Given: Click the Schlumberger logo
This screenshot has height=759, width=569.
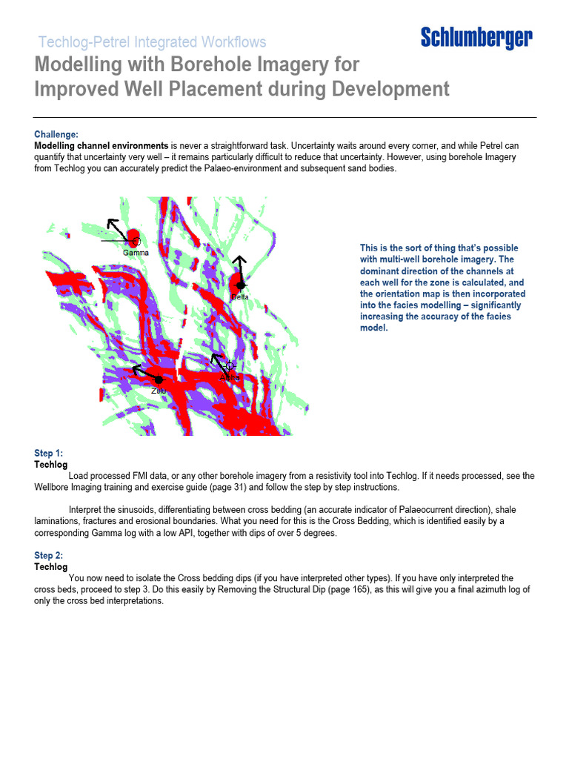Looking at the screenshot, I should (476, 38).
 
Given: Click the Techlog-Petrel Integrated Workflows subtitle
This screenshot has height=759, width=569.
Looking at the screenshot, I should (152, 42).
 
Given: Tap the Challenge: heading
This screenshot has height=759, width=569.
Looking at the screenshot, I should (56, 134).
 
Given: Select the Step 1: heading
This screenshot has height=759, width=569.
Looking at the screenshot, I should (49, 453).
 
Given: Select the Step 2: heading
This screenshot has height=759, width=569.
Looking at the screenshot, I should (49, 555).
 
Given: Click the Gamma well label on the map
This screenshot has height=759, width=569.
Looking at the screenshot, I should (136, 253).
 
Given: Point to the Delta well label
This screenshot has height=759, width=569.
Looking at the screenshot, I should (239, 296).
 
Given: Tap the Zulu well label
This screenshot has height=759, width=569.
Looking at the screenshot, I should (159, 391).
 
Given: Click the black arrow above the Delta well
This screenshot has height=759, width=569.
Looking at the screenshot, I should (239, 267).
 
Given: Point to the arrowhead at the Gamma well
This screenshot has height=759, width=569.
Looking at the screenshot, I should (111, 223).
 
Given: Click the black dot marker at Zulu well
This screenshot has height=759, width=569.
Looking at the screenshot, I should (159, 380).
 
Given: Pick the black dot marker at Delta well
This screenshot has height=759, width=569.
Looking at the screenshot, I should (240, 285).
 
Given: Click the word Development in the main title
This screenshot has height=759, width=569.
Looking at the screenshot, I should (390, 90).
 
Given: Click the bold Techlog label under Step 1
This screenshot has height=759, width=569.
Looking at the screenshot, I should (51, 465).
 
